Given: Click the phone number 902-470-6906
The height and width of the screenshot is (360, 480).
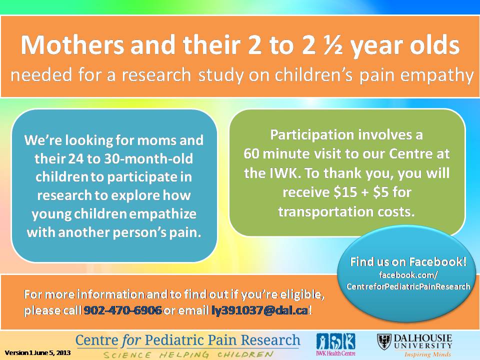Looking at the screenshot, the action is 122,310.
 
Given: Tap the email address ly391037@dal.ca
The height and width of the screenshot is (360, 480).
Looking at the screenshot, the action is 260,310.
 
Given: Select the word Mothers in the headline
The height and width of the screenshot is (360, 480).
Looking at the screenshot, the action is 72,44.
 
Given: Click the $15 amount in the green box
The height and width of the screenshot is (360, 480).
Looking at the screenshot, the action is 345,192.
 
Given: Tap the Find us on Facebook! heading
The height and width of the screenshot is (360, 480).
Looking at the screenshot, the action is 408,261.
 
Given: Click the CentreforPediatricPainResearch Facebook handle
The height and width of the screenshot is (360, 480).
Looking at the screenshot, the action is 408,286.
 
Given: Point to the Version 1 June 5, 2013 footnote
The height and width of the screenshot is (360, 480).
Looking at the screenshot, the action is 37,352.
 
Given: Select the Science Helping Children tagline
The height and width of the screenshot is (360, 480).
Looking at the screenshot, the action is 188,354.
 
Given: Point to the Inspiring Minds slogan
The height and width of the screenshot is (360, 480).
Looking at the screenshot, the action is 427,354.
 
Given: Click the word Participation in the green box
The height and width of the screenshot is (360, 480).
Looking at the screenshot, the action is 312,135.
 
